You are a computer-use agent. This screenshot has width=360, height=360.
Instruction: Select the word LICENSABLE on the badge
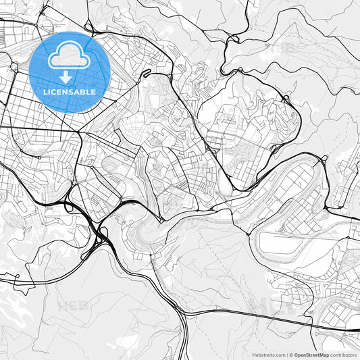pos(70,92)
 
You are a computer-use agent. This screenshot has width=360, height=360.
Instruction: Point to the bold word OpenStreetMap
pos(311,354)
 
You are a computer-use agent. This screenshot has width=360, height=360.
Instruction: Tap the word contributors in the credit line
pos(343,354)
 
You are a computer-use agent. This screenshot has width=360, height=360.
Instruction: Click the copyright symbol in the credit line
pos(291,354)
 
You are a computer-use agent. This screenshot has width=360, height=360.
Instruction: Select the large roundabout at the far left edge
pos(14,66)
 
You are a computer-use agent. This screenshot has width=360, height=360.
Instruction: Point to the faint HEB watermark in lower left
pos(72,306)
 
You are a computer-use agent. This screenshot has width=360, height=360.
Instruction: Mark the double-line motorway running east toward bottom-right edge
pos(284,322)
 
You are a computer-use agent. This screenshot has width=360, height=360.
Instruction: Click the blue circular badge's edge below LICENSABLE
pos(70,110)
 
